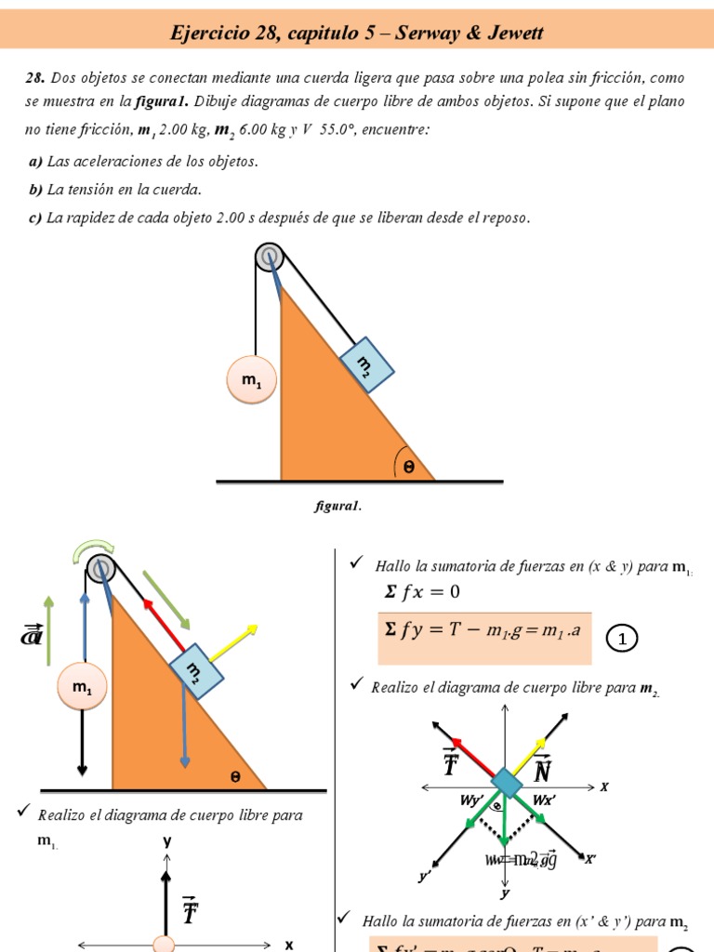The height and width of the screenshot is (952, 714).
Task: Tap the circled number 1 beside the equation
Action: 622,639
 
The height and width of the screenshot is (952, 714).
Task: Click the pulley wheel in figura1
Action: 270,256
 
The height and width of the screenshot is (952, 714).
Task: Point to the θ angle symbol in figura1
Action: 408,468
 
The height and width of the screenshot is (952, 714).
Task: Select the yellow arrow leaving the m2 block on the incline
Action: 238,643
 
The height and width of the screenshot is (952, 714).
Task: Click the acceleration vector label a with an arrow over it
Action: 31,636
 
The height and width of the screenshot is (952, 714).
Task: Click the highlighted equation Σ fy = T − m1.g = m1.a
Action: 483,630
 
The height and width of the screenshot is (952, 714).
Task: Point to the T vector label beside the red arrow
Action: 451,763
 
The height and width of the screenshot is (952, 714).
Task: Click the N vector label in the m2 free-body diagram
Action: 543,767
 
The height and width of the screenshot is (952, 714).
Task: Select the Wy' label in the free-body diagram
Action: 472,800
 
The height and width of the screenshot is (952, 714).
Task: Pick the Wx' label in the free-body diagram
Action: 544,800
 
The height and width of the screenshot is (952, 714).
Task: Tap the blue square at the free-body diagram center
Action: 505,781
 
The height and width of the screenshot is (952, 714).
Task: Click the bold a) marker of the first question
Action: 35,162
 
